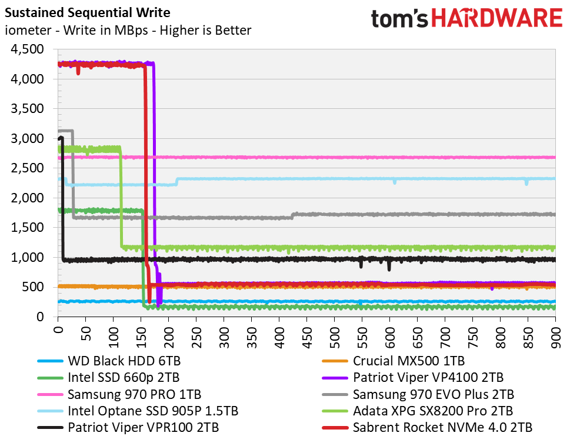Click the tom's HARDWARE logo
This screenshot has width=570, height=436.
point(466,18)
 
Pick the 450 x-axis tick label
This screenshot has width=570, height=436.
point(306,335)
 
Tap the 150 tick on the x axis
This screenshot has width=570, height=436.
point(141,335)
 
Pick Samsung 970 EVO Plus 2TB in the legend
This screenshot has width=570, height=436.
point(434,394)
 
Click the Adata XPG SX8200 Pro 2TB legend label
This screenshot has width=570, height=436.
point(432,410)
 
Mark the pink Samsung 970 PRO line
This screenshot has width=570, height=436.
point(353,157)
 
